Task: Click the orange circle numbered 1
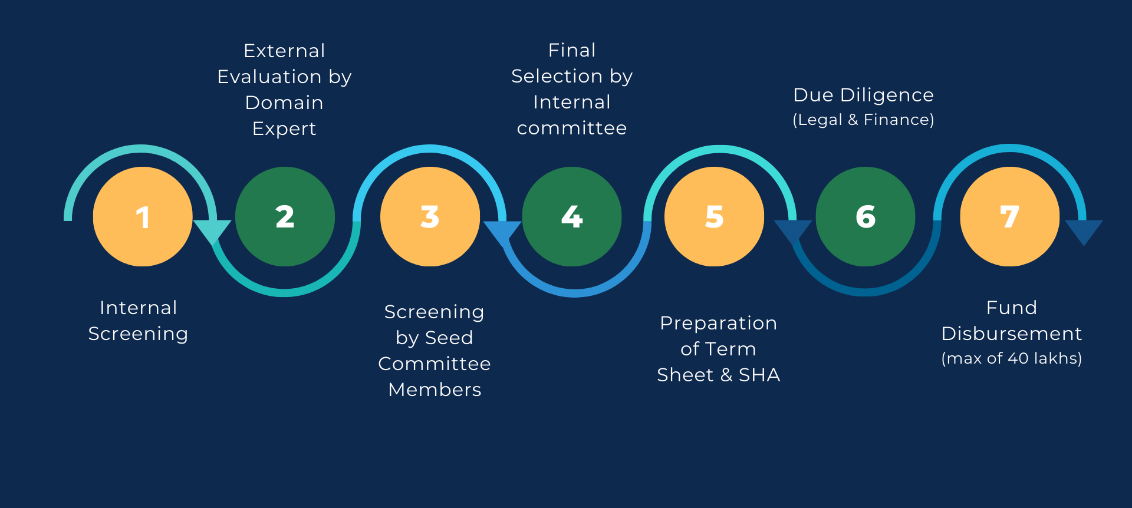point(143,217)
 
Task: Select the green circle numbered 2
point(285,217)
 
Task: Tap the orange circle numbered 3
point(430,217)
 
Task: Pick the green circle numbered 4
point(572,217)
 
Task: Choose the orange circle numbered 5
point(714,217)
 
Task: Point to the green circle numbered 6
point(866,217)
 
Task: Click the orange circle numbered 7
point(1010,217)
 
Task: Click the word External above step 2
point(284,51)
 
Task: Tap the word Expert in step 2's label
point(284,129)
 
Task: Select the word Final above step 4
point(572,51)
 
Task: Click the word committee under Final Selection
point(572,128)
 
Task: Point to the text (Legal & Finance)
point(863,120)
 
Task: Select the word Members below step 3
point(435,390)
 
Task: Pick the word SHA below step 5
point(759,375)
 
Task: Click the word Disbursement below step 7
point(1012,334)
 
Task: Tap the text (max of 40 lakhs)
point(1012,359)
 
